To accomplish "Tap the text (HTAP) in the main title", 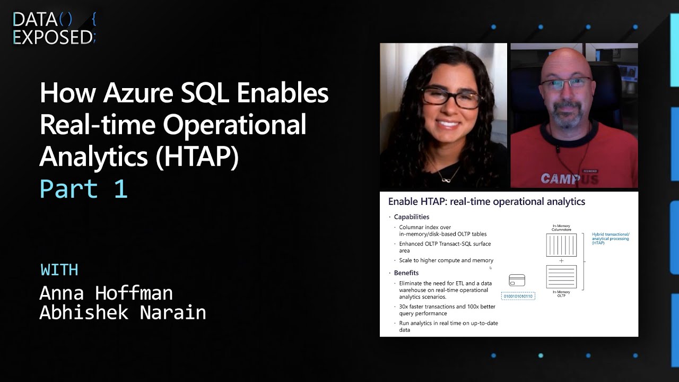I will click(197, 157).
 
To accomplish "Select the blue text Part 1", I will click(84, 189).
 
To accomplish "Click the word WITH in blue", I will click(59, 270).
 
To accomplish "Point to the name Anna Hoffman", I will click(106, 292).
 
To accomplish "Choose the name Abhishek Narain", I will click(123, 312).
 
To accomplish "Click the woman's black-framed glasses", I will click(451, 98).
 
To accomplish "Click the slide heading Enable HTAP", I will click(486, 202).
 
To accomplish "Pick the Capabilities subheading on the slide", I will click(411, 217).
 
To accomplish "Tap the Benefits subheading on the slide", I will click(406, 273).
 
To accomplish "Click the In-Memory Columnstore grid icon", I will click(561, 245).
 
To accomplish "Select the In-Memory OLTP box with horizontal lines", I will click(561, 276).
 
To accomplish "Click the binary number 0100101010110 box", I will click(518, 296).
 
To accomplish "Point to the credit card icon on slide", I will click(517, 280).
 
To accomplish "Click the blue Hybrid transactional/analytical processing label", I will click(611, 238).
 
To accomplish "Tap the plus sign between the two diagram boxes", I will click(561, 261).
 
